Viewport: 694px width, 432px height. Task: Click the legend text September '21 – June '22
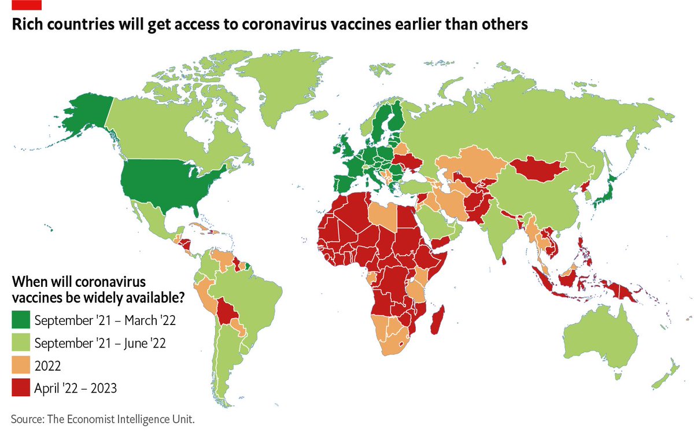[100, 343]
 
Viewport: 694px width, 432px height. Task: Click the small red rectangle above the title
[28, 5]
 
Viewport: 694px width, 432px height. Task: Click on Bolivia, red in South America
[228, 312]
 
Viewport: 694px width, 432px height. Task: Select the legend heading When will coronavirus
[78, 283]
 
